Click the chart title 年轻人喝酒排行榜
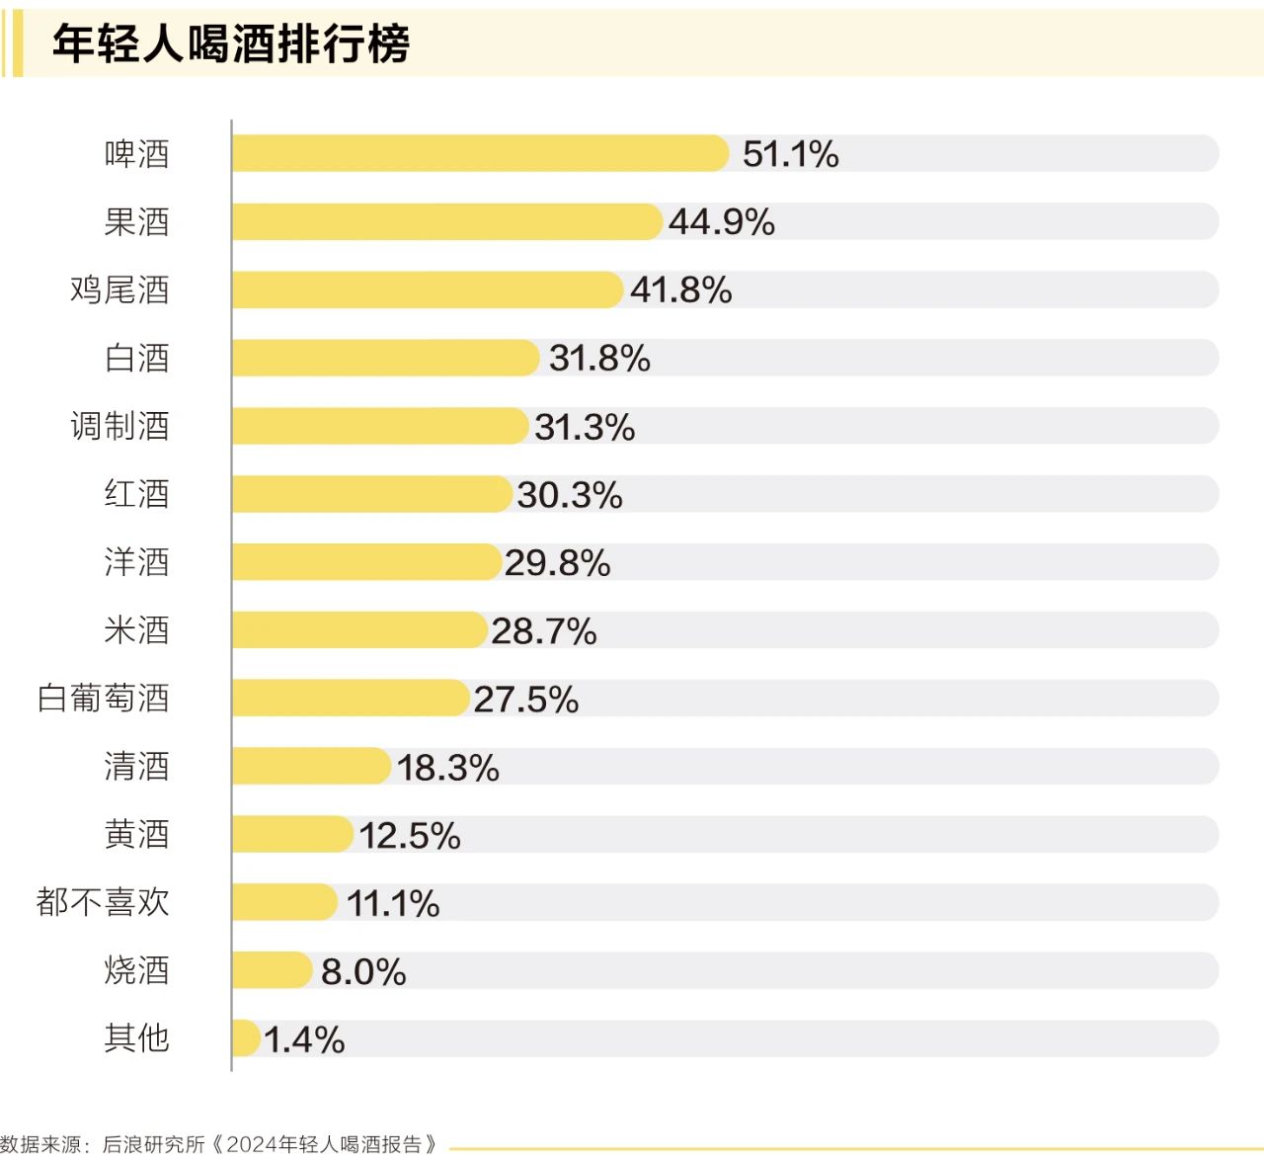pos(231,44)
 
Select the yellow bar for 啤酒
pos(480,154)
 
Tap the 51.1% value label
pos(790,154)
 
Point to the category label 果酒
pos(137,222)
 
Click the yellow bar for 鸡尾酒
pos(427,290)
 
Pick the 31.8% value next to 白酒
pos(599,359)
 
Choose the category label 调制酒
pos(119,427)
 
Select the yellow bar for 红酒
pos(371,494)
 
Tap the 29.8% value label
pos(557,563)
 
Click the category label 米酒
pos(137,630)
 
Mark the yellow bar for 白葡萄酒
pos(350,699)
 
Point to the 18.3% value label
pos(447,768)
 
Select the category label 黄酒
pos(137,835)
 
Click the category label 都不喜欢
pos(103,902)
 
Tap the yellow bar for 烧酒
pos(272,970)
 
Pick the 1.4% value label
pos(304,1039)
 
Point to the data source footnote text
pos(219,1144)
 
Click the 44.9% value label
pos(721,222)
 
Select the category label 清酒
pos(137,767)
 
